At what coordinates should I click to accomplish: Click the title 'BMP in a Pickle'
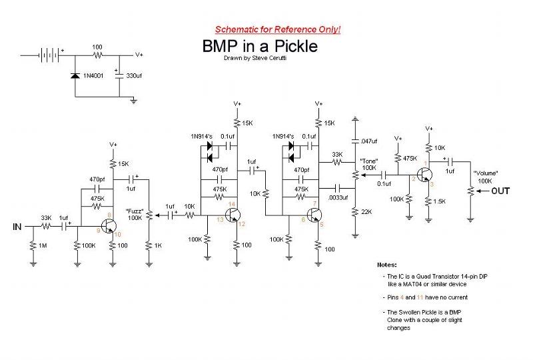click(x=260, y=46)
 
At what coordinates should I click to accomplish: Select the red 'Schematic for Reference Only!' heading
click(x=278, y=30)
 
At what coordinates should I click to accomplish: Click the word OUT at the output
click(x=500, y=191)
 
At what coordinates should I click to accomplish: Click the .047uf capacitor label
click(x=368, y=142)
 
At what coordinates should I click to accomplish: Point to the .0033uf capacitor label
click(x=340, y=198)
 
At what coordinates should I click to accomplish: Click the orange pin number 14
click(x=231, y=203)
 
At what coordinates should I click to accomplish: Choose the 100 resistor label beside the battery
click(x=97, y=47)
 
